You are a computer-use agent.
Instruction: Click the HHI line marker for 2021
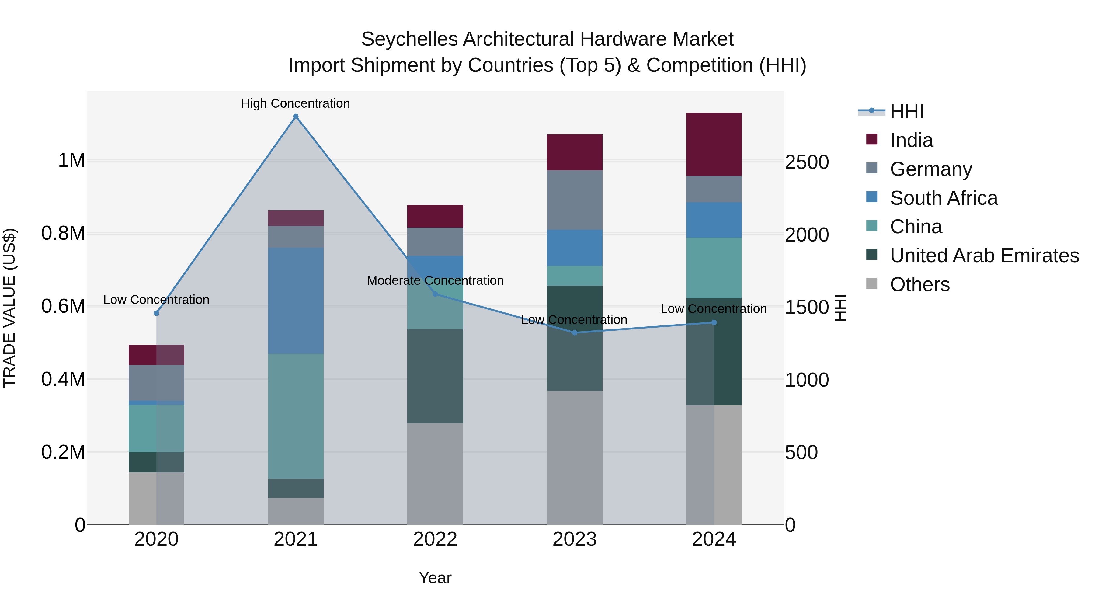[x=296, y=117]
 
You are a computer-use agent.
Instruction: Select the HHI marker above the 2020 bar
[x=156, y=313]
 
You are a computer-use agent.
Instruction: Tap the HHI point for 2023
[x=575, y=333]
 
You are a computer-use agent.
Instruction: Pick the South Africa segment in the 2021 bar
[x=296, y=301]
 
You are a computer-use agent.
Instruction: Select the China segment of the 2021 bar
[x=296, y=416]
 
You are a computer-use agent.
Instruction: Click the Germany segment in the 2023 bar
[x=575, y=200]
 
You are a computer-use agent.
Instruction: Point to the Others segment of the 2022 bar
[x=435, y=474]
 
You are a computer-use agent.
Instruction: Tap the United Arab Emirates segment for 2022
[x=435, y=376]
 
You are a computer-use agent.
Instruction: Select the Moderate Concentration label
[x=435, y=280]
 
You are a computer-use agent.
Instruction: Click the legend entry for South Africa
[x=944, y=198]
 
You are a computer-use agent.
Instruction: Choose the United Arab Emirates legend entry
[x=985, y=256]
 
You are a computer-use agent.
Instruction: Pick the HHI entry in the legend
[x=907, y=111]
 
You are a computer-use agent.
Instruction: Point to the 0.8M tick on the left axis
[x=63, y=233]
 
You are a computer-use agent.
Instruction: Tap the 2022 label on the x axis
[x=435, y=539]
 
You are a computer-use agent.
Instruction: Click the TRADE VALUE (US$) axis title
[x=10, y=308]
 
